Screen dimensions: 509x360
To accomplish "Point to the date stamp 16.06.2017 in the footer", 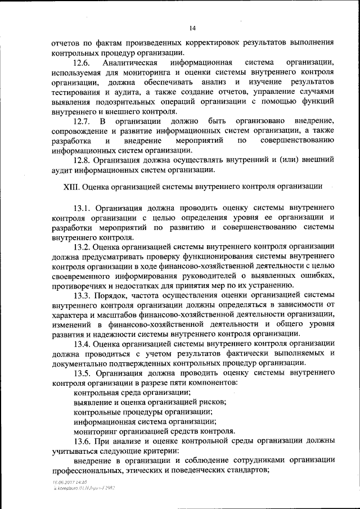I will pos(61,483).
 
